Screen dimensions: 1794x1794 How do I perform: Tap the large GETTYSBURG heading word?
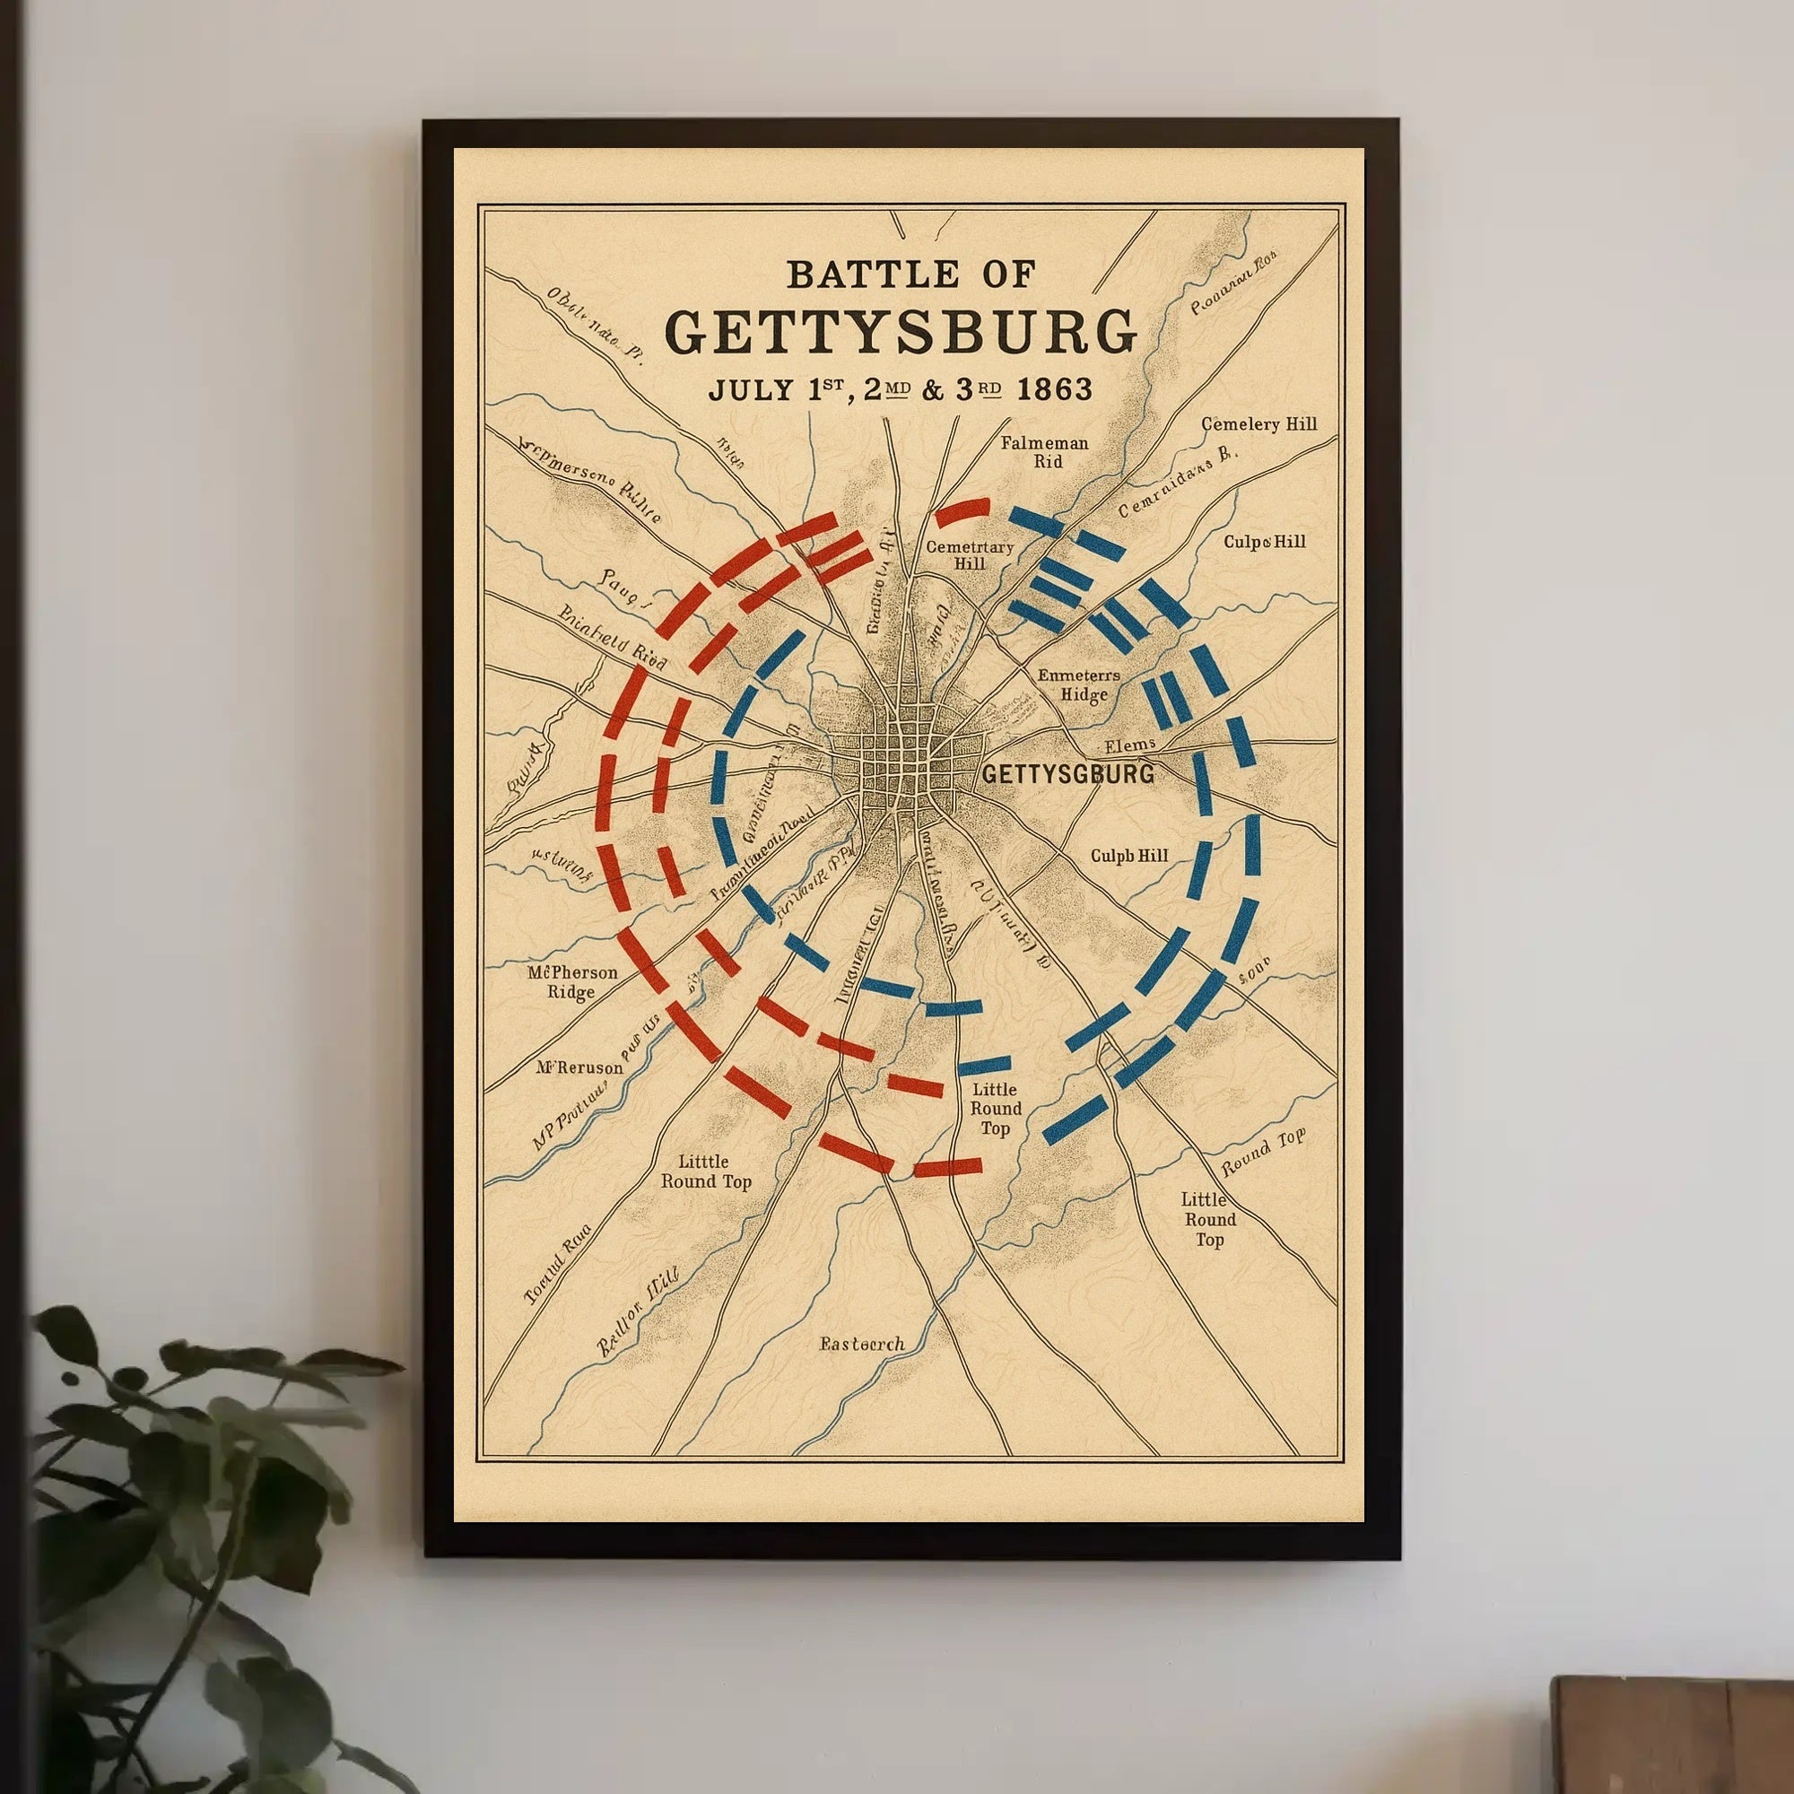[901, 332]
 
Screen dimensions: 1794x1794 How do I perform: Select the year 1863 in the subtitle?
[1054, 389]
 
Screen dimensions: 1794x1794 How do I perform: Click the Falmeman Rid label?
[1044, 452]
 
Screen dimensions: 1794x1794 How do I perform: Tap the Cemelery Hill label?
[1258, 424]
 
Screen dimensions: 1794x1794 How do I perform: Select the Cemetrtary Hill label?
[970, 554]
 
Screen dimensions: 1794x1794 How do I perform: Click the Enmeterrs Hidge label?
[1079, 684]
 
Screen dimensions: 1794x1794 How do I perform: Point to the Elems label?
[1129, 745]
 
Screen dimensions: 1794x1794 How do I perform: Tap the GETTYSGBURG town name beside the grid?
[1067, 773]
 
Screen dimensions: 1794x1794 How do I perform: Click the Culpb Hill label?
[1129, 855]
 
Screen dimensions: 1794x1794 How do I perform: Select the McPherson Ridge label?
[572, 982]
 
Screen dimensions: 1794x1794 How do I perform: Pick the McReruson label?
[579, 1067]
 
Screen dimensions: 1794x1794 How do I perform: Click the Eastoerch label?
[862, 1344]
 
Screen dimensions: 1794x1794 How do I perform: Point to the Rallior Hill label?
[638, 1311]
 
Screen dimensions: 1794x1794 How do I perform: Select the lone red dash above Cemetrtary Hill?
[962, 509]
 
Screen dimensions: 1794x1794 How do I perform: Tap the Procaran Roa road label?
[1234, 282]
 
